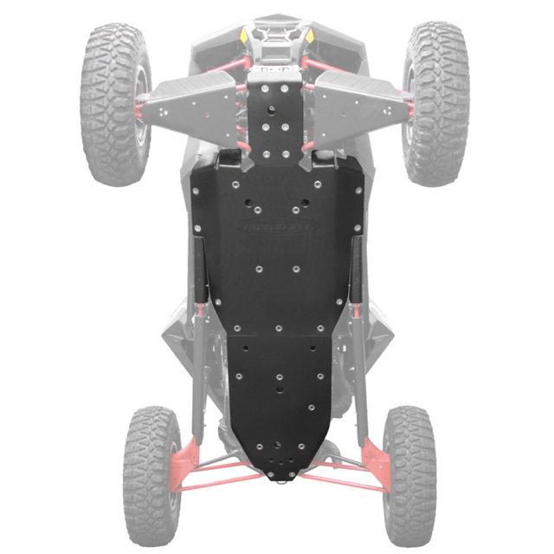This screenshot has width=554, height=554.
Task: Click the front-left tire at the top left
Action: [114, 102]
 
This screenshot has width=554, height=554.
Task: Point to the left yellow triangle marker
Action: [246, 37]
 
